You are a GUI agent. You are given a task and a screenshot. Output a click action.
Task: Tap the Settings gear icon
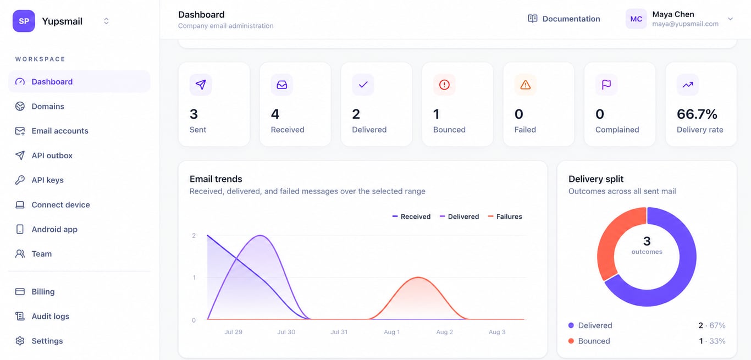[20, 341]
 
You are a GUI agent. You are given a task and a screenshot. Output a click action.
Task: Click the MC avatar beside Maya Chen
[636, 19]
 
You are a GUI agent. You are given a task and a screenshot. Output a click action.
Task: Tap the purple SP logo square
[24, 21]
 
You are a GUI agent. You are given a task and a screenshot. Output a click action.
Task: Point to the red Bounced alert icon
[444, 85]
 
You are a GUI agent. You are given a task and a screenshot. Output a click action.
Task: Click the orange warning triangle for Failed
[526, 85]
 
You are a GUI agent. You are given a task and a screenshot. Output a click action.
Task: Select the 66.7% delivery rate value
[697, 114]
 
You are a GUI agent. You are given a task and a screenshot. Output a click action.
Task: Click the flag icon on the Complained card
[606, 85]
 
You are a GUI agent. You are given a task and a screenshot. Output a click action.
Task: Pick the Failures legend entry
[505, 217]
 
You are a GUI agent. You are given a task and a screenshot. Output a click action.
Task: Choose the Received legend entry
[411, 217]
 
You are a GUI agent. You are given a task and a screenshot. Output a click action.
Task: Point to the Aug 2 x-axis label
[445, 332]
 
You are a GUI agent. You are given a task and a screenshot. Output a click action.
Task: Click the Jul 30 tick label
[286, 332]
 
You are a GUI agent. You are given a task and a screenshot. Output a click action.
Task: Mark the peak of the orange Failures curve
[418, 277]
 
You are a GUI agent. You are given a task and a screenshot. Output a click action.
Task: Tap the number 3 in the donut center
[647, 241]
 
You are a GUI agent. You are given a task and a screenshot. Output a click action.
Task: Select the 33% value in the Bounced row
[717, 341]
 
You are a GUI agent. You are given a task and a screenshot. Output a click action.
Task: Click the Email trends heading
[216, 179]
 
